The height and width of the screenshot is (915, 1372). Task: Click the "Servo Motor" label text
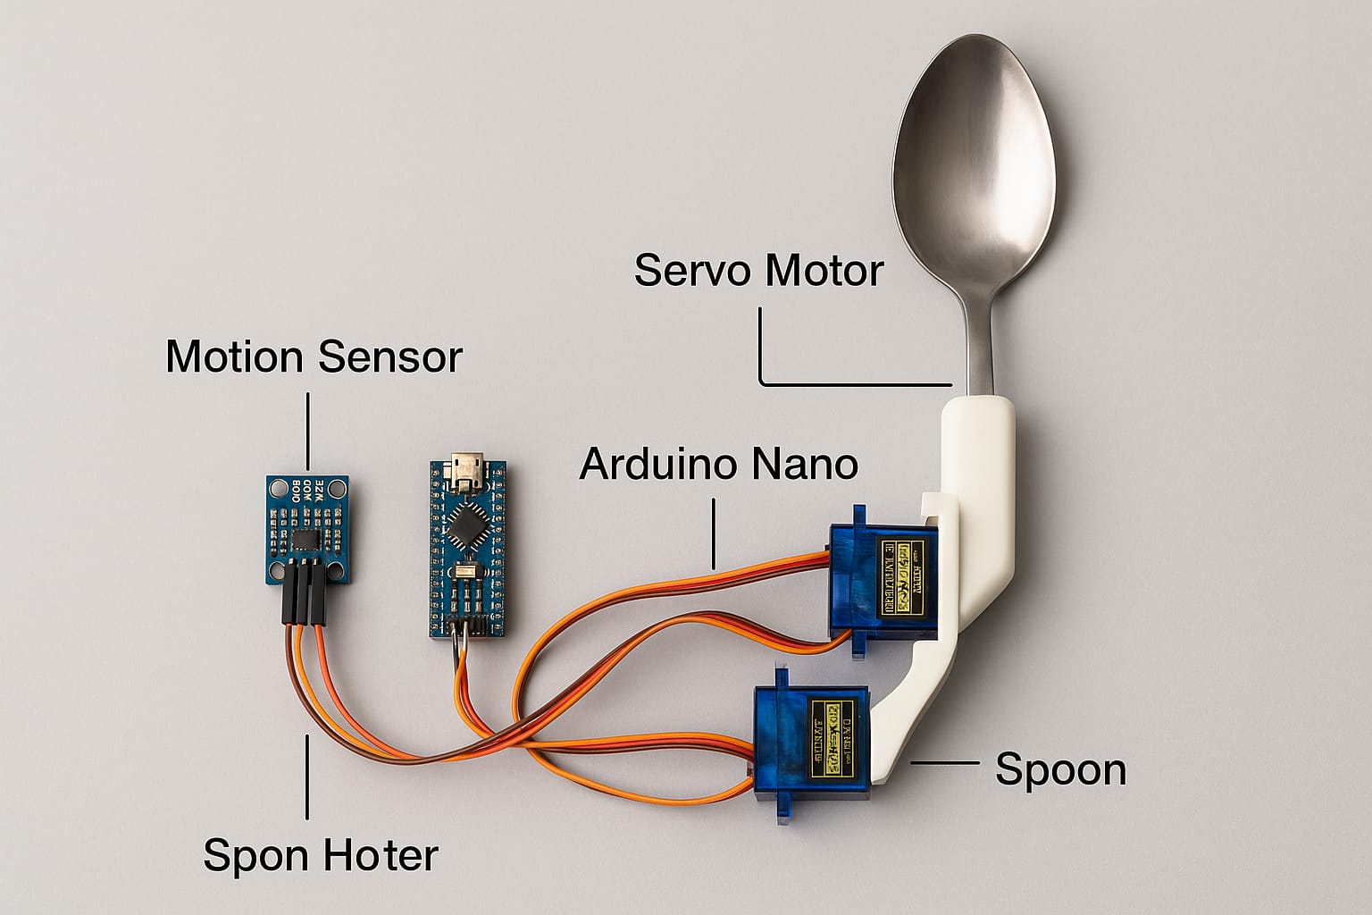[x=758, y=270]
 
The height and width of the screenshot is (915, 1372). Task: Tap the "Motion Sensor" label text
[x=314, y=357]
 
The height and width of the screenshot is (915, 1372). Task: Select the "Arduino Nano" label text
[x=718, y=464]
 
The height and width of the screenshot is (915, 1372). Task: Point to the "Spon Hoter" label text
[x=321, y=855]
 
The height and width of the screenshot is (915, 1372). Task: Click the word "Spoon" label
[x=1060, y=769]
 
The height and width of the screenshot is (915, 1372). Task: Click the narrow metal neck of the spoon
[x=980, y=340]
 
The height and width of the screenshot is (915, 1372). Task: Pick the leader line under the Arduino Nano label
[x=715, y=533]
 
